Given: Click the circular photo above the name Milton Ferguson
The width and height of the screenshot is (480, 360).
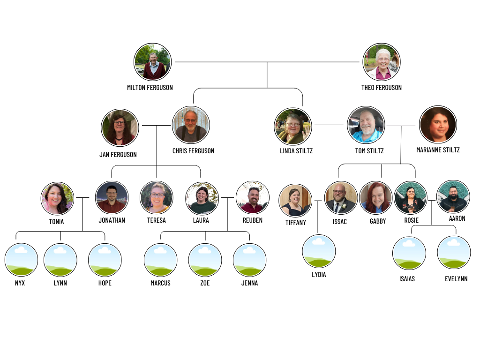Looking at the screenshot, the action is tap(153, 62).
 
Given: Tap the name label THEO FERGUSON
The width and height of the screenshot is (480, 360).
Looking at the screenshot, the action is tap(382, 88).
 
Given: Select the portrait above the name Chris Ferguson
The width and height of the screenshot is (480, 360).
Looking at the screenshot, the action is tap(191, 125).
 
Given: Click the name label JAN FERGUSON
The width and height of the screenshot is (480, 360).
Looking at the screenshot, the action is tap(118, 155).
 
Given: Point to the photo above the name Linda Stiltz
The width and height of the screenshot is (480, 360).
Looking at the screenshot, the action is tap(293, 126).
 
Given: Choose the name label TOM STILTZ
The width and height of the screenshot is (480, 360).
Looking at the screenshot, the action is tap(369, 151).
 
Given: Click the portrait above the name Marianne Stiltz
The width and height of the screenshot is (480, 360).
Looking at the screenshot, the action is tap(438, 124).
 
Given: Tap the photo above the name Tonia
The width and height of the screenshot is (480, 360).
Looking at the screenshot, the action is tap(57, 198).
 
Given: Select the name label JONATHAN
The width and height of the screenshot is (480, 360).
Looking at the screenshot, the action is tap(112, 220).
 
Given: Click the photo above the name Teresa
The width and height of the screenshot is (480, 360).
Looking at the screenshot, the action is tap(157, 197).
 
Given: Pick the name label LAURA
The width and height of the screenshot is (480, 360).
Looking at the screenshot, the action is tap(201, 220).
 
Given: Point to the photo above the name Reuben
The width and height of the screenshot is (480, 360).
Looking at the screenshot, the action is tap(253, 197).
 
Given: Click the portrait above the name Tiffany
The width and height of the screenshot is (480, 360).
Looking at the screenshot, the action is tap(295, 200).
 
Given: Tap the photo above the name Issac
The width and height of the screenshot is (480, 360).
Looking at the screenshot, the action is tap(341, 197).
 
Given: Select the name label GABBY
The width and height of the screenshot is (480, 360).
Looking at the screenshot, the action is tap(378, 221).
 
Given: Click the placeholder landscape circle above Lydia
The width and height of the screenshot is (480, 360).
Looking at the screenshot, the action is tap(319, 251).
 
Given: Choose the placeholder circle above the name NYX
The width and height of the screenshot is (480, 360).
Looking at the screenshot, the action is tap(21, 260).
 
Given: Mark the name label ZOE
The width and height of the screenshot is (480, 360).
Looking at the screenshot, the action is tap(205, 283).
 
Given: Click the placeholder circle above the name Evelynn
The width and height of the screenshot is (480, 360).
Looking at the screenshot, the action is tap(454, 253).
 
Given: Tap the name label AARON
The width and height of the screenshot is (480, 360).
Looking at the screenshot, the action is tap(457, 218).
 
